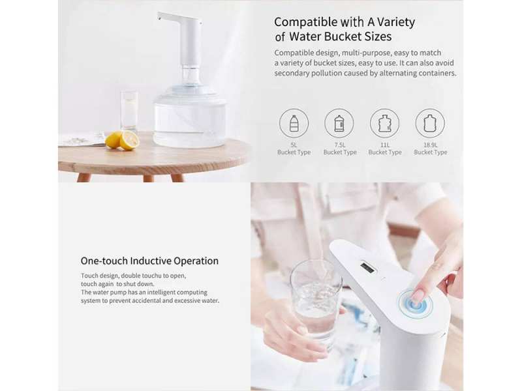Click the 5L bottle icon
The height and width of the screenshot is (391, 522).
294,123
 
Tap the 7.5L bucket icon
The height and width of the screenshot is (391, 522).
339,123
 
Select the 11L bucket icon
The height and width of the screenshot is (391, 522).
384,123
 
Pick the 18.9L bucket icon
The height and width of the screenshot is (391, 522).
430,123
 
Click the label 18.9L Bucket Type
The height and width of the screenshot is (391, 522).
431,149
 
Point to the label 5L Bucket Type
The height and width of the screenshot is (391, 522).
294,149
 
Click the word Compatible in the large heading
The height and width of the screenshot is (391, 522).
305,22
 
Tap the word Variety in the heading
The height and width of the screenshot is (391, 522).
396,22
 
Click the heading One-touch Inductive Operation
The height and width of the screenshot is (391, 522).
149,261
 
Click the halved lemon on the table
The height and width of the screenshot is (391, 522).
129,140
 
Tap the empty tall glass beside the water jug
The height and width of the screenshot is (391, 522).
129,111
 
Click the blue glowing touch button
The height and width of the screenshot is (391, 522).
416,304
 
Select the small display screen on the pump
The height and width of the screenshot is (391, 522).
367,267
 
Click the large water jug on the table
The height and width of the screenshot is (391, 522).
190,107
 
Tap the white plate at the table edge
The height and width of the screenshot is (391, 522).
82,139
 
